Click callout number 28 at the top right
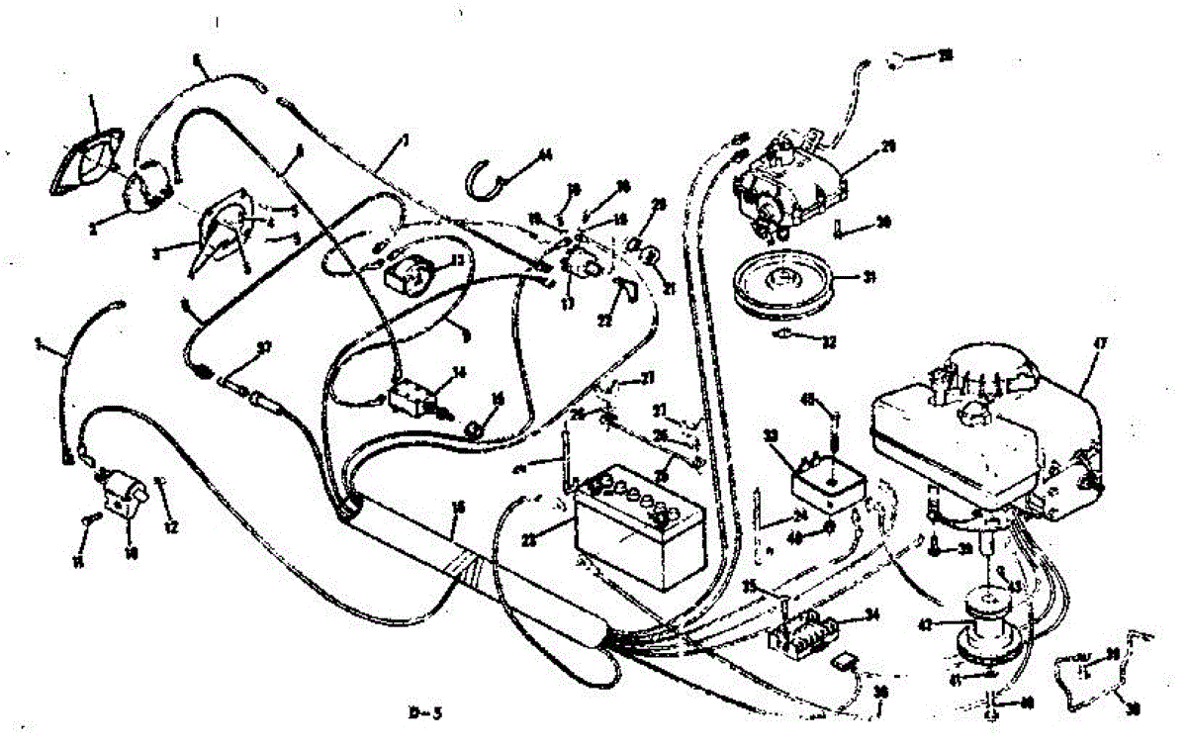pyautogui.click(x=945, y=55)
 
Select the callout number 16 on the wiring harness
pyautogui.click(x=457, y=507)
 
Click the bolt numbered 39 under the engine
pyautogui.click(x=935, y=544)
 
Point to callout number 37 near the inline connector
pyautogui.click(x=262, y=346)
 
